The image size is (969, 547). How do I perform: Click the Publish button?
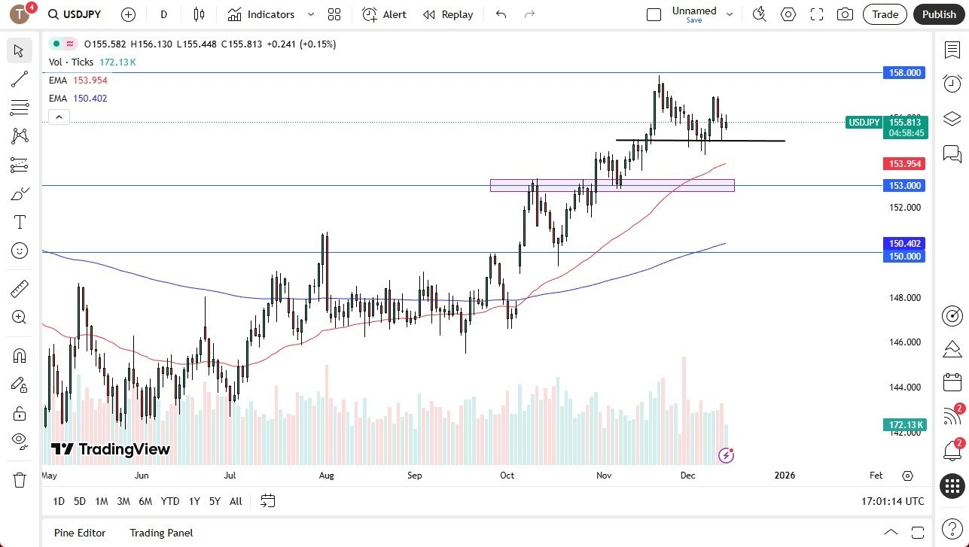(939, 14)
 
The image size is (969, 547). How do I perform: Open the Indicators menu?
(270, 14)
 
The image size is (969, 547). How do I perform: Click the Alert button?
(384, 14)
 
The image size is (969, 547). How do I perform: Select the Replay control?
(448, 14)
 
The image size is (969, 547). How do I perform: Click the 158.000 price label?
(904, 73)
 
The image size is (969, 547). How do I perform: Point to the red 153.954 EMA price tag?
(904, 163)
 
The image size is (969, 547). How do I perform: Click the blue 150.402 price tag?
(904, 244)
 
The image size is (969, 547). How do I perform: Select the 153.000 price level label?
(904, 186)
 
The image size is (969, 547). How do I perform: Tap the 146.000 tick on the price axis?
(904, 342)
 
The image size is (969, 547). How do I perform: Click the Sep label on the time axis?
(415, 476)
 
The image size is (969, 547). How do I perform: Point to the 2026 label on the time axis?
(784, 476)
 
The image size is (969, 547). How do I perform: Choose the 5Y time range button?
(215, 501)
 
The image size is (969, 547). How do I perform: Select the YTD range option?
(170, 501)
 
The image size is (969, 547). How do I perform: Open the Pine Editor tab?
(80, 533)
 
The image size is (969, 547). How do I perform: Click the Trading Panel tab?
(161, 533)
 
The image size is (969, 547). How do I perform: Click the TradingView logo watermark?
(111, 449)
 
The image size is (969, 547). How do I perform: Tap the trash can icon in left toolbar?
(20, 479)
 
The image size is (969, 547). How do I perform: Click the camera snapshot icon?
(845, 14)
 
